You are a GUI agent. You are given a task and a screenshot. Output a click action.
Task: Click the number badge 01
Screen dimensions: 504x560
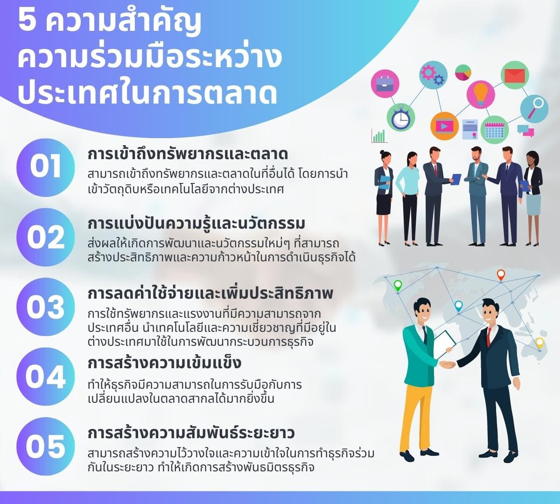click(x=45, y=167)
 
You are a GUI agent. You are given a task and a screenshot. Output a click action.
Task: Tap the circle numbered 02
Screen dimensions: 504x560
click(x=45, y=237)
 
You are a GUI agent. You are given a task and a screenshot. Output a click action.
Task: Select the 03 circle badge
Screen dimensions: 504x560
click(x=45, y=307)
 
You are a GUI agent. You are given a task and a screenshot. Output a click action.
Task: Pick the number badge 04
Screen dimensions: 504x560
click(x=45, y=377)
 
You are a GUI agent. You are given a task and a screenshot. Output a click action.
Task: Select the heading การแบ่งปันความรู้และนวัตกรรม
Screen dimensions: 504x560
click(x=196, y=224)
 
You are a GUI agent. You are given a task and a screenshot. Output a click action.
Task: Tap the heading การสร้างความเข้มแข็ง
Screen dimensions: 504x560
click(x=164, y=363)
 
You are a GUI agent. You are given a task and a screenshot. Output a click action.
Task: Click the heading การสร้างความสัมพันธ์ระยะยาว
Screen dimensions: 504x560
click(x=191, y=433)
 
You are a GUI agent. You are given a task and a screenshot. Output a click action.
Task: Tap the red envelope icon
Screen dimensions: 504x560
click(x=515, y=75)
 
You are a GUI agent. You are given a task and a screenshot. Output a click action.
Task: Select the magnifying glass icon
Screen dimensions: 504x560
click(x=534, y=108)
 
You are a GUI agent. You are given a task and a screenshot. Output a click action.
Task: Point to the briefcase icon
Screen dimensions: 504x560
click(x=385, y=84)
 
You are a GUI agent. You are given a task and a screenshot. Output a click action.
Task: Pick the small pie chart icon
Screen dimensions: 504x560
click(x=463, y=72)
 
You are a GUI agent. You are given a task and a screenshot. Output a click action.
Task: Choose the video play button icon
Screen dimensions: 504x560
click(x=444, y=126)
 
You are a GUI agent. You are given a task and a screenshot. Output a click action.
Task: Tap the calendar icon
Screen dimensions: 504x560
click(x=494, y=129)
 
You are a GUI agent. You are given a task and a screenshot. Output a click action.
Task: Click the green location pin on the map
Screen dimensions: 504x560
click(x=398, y=285)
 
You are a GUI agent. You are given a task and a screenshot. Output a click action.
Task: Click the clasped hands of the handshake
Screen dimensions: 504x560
click(x=448, y=364)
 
